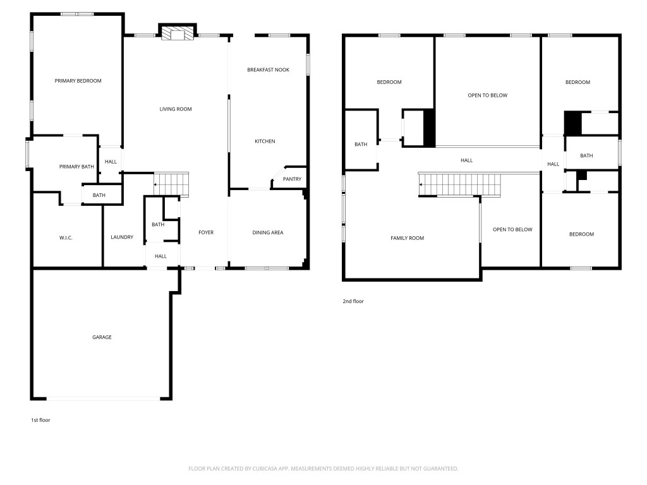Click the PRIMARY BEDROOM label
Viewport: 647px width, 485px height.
78,81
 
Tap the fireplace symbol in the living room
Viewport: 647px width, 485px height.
176,33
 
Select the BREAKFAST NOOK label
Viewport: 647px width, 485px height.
268,69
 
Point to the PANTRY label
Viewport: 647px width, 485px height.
292,179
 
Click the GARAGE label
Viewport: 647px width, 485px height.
102,337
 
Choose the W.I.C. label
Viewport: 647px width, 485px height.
66,237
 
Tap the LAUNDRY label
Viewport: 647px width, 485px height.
122,237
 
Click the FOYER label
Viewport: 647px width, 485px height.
206,232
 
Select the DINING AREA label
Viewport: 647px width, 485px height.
268,232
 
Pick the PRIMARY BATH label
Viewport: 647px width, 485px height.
76,167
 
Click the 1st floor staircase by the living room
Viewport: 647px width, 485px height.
172,184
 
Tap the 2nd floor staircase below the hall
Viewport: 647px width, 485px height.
461,184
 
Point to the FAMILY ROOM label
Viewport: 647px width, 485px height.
407,238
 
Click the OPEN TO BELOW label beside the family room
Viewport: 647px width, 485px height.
512,229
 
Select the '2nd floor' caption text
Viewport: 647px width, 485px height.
353,301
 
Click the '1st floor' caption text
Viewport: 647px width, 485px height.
40,420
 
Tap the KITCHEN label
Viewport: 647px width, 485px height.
265,141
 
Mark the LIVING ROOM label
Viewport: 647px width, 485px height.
175,109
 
